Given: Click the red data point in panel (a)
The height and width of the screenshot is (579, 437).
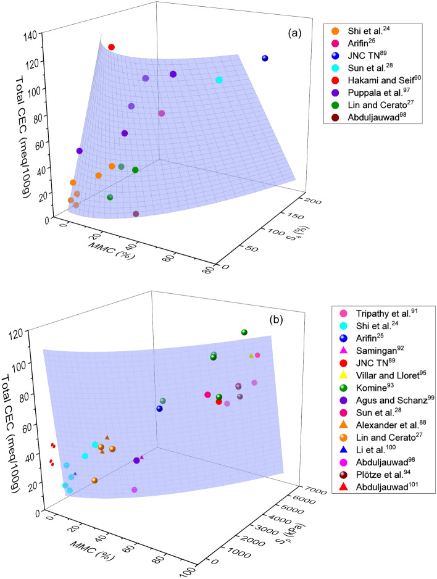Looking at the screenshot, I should tap(112, 47).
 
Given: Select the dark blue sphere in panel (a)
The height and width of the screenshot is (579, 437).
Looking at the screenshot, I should tap(265, 59).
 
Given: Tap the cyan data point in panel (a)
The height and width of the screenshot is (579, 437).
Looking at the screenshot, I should tap(219, 80).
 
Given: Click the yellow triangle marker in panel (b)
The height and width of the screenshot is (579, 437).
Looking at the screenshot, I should tap(251, 356).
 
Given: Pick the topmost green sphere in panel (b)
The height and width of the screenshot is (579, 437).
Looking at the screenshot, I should tap(244, 333).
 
